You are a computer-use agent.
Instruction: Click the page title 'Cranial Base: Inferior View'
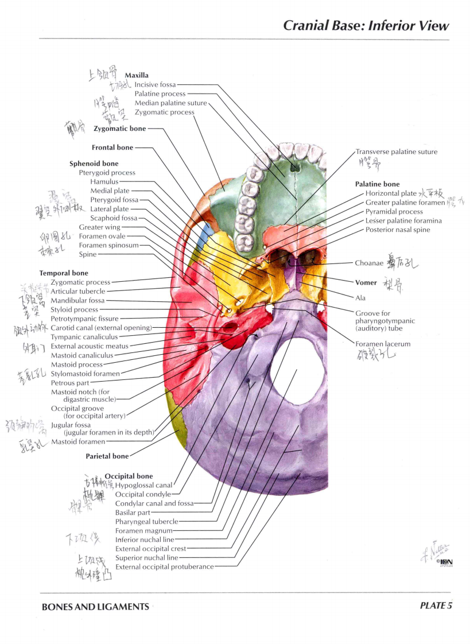pyautogui.click(x=366, y=26)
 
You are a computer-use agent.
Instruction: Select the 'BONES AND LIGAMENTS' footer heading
pyautogui.click(x=95, y=607)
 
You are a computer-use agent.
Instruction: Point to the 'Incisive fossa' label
pyautogui.click(x=155, y=84)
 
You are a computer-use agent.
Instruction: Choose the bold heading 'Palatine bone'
pyautogui.click(x=377, y=184)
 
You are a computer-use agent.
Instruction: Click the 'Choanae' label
pyautogui.click(x=369, y=263)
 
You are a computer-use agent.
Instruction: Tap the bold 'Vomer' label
pyautogui.click(x=366, y=282)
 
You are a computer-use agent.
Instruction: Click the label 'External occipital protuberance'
pyautogui.click(x=165, y=567)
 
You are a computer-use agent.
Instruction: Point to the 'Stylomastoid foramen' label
pyautogui.click(x=86, y=374)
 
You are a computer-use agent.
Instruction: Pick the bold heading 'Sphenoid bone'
pyautogui.click(x=94, y=164)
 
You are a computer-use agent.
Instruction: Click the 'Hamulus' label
pyautogui.click(x=104, y=181)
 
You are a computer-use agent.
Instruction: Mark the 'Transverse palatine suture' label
pyautogui.click(x=397, y=152)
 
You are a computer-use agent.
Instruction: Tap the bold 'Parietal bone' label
pyautogui.click(x=107, y=456)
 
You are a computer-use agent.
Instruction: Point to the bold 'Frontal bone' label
pyautogui.click(x=112, y=148)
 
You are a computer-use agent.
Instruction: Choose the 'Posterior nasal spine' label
pyautogui.click(x=397, y=230)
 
